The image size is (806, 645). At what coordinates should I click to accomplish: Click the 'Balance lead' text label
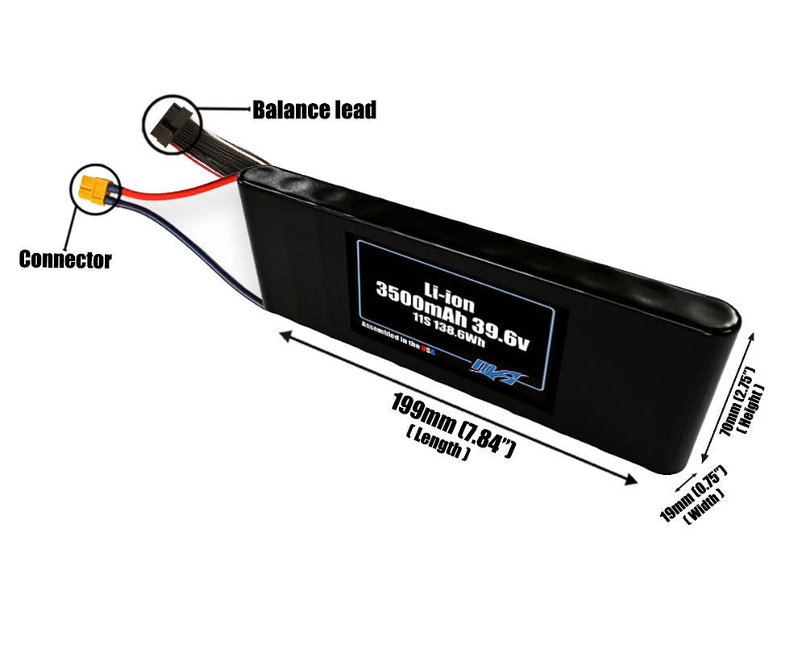click(x=314, y=110)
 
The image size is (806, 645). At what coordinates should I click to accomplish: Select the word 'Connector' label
click(x=64, y=260)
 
